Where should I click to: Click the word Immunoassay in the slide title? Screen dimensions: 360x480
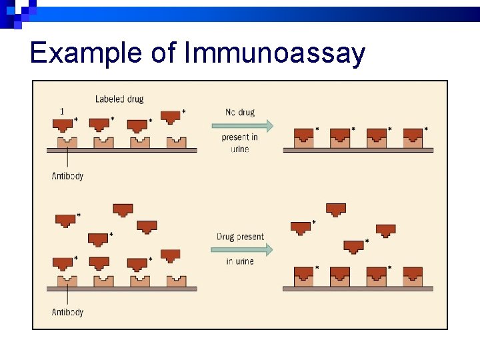point(275,53)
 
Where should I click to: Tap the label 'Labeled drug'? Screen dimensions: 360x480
point(119,99)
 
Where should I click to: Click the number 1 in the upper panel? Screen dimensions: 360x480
point(62,111)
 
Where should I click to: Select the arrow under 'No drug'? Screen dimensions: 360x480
point(242,125)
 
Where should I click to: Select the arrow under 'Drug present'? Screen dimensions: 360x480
point(242,249)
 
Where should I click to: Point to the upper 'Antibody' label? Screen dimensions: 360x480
point(67,177)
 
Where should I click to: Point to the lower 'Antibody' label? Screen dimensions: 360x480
point(67,312)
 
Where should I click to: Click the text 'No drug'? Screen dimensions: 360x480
point(240,112)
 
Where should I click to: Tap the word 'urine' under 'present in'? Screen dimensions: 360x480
point(240,149)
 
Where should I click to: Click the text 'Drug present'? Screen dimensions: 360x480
point(240,237)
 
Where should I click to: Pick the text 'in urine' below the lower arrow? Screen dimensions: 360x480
point(240,261)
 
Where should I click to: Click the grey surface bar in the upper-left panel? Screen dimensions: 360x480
point(121,151)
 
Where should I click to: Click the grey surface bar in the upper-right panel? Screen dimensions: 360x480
point(358,151)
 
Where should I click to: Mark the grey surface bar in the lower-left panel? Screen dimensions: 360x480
point(121,289)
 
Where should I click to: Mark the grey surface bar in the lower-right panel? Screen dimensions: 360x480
point(358,289)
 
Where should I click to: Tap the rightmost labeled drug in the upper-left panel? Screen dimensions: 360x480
point(171,117)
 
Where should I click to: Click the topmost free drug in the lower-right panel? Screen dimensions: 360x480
point(336,209)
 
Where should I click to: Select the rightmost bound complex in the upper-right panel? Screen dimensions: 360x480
point(413,137)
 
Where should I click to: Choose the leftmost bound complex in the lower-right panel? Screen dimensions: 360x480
point(304,275)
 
